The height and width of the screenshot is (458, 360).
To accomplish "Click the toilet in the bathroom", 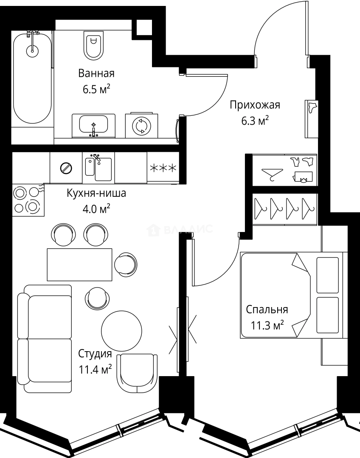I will coord(94,47).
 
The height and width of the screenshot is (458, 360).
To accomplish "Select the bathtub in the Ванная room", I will coord(32,78).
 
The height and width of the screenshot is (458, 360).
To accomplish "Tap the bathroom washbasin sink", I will coord(94,125).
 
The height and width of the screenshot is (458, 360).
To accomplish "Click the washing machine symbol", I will coord(141,126).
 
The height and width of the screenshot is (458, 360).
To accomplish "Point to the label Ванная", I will coord(96,73).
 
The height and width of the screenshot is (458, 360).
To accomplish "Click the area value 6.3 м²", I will coord(255,121).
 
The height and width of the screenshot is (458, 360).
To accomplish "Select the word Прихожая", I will coord(255,105).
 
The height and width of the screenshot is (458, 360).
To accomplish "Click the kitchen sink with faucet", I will coord(98,168).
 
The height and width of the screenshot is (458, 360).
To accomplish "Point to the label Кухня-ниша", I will coord(96,193).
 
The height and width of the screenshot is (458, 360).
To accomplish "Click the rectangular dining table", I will coord(79,265).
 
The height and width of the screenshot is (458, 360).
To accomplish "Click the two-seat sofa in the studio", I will coord(44,338).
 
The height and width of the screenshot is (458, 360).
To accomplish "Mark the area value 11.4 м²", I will coord(96,369).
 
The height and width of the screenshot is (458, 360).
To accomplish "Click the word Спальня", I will coord(267,309).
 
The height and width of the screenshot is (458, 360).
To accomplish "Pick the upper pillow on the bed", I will coord(328,275).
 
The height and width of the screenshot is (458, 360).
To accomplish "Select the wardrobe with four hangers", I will coord(284,208).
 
